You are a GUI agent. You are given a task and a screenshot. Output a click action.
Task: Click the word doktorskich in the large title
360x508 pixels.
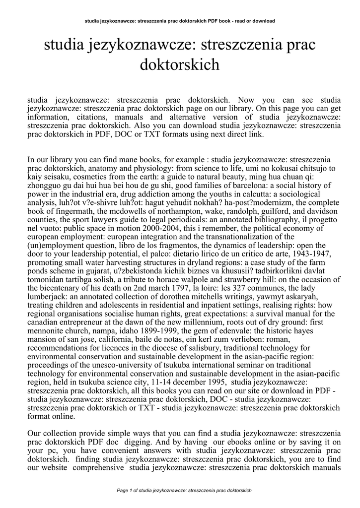[180, 64]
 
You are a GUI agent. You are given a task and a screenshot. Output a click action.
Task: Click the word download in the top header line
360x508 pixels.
[263, 21]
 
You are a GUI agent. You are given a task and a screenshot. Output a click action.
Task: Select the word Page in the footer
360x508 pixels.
[123, 491]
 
